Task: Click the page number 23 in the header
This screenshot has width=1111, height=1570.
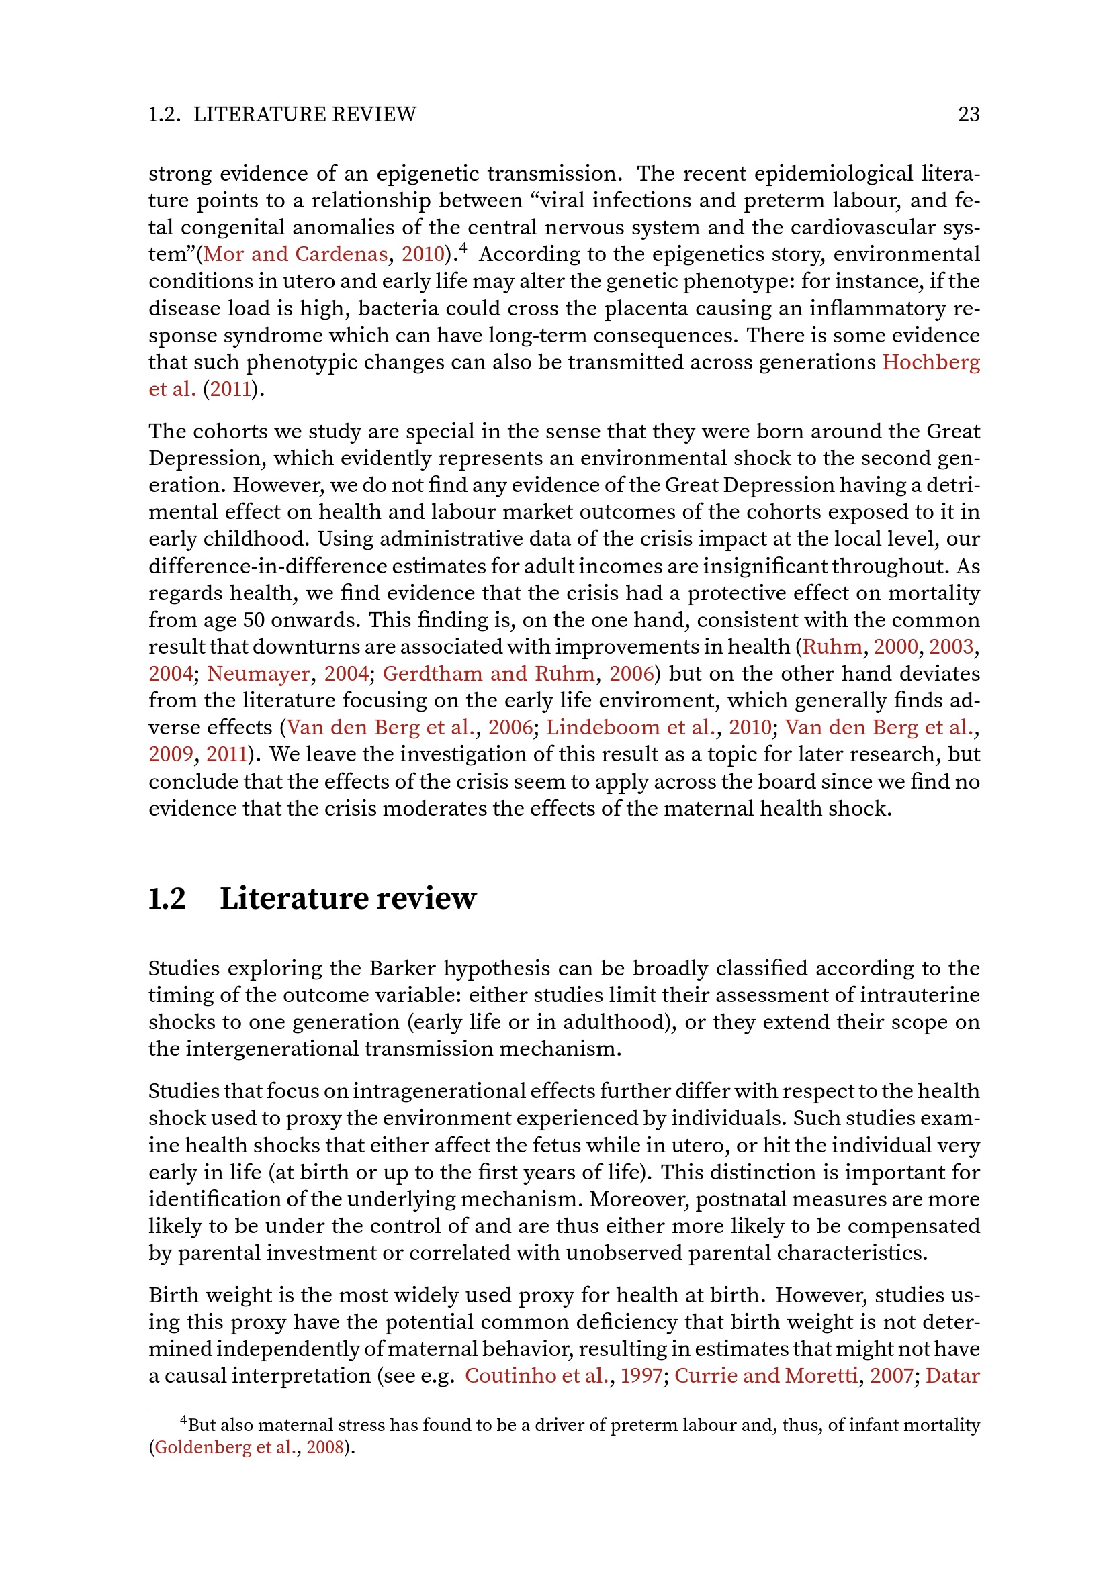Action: (969, 114)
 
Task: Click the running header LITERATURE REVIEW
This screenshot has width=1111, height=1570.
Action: (304, 114)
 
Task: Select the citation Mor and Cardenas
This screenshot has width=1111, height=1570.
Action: (296, 254)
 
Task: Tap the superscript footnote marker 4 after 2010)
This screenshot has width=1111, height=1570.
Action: (463, 249)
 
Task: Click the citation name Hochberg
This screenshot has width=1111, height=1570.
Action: (930, 362)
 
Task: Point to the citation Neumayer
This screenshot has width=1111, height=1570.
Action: (258, 673)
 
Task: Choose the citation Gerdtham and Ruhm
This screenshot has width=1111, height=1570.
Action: (488, 673)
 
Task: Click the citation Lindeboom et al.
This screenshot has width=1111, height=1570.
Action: (631, 728)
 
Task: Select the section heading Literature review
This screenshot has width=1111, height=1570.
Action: (347, 899)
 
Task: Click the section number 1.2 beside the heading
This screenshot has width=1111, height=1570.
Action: (167, 899)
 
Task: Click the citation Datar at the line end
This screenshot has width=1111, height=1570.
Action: (952, 1376)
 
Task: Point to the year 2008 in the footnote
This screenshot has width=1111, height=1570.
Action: (324, 1448)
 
